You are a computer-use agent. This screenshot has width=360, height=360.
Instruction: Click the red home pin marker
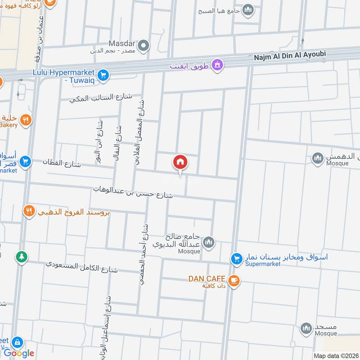(180, 162)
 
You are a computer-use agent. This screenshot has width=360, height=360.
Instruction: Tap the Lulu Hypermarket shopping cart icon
(103, 75)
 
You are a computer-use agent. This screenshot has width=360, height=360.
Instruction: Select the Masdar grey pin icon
(143, 45)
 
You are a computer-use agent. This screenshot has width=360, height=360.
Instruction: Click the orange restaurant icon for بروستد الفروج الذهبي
(29, 211)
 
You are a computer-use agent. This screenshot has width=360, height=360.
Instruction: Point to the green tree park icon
(21, 257)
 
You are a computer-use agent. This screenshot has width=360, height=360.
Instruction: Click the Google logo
(19, 353)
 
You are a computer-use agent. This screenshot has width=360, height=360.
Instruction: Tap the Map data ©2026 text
(336, 355)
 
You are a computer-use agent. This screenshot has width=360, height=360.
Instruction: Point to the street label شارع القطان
(62, 162)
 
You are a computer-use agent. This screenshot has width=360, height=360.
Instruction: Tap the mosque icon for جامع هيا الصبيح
(248, 9)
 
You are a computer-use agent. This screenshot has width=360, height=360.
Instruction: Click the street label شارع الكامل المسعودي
(81, 267)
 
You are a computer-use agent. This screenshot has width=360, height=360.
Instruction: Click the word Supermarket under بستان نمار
(263, 264)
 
